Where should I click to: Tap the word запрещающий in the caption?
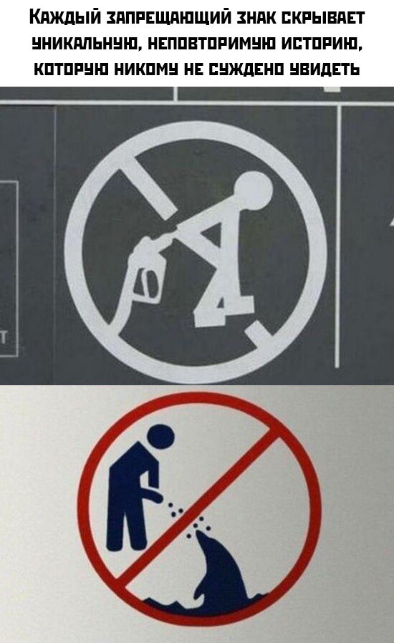[x=168, y=18]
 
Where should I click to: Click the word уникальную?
[x=85, y=44]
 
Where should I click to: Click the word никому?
[x=146, y=69]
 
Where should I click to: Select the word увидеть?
[x=325, y=69]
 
